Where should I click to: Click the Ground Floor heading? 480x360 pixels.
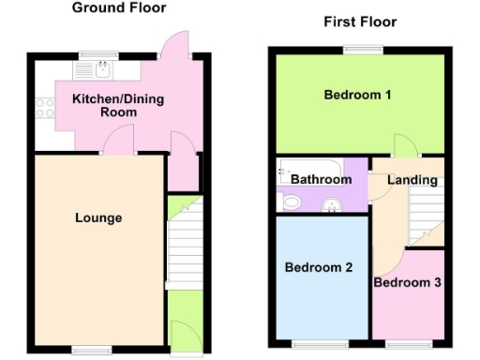click(119, 8)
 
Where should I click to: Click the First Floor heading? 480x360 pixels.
click(360, 22)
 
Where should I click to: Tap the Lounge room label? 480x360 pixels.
click(98, 218)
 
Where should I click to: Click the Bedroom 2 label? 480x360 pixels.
click(318, 267)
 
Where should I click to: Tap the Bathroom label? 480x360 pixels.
click(321, 179)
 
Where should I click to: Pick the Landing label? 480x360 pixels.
click(412, 180)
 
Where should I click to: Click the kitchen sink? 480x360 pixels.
click(103, 67)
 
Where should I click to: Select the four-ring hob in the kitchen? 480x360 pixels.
click(43, 107)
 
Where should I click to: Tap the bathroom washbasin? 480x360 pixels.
click(330, 206)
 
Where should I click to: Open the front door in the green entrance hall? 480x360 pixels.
click(183, 335)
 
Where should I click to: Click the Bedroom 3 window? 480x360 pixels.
click(407, 344)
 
